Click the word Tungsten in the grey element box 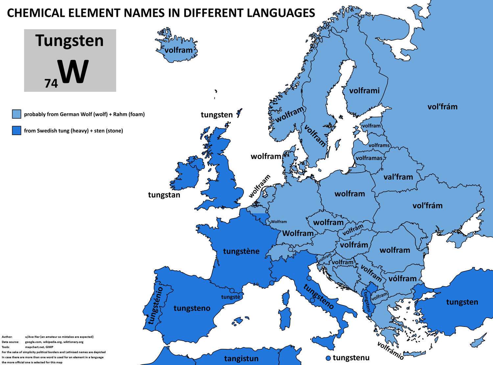70,40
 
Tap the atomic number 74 51,83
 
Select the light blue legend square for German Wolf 16,114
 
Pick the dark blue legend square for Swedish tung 16,130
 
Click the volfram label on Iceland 178,50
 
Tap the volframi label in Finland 364,91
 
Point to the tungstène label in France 241,251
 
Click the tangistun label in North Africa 241,358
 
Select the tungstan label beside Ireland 164,195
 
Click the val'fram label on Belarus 398,177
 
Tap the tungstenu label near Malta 351,358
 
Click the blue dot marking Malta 328,358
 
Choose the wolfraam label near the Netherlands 260,186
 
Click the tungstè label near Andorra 231,297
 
